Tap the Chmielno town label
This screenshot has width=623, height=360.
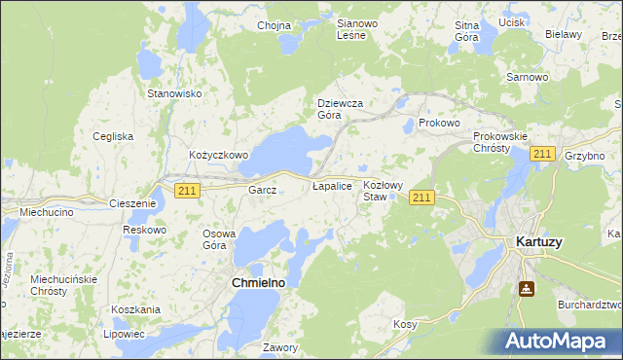(258, 282)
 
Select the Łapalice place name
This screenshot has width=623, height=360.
(331, 185)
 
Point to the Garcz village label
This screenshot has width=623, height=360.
(263, 190)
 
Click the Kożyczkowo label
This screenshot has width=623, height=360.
(219, 155)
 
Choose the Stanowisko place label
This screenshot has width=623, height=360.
(173, 93)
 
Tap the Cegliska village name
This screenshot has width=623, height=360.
(113, 136)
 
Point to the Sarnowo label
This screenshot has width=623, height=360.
(526, 76)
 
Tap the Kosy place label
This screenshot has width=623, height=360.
(405, 323)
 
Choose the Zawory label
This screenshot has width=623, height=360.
(280, 346)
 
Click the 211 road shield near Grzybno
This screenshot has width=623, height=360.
(543, 154)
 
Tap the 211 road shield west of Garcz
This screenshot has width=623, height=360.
(188, 191)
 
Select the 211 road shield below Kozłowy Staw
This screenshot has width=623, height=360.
(421, 198)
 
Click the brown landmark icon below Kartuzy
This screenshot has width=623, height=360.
(527, 289)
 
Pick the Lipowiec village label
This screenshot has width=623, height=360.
(128, 333)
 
